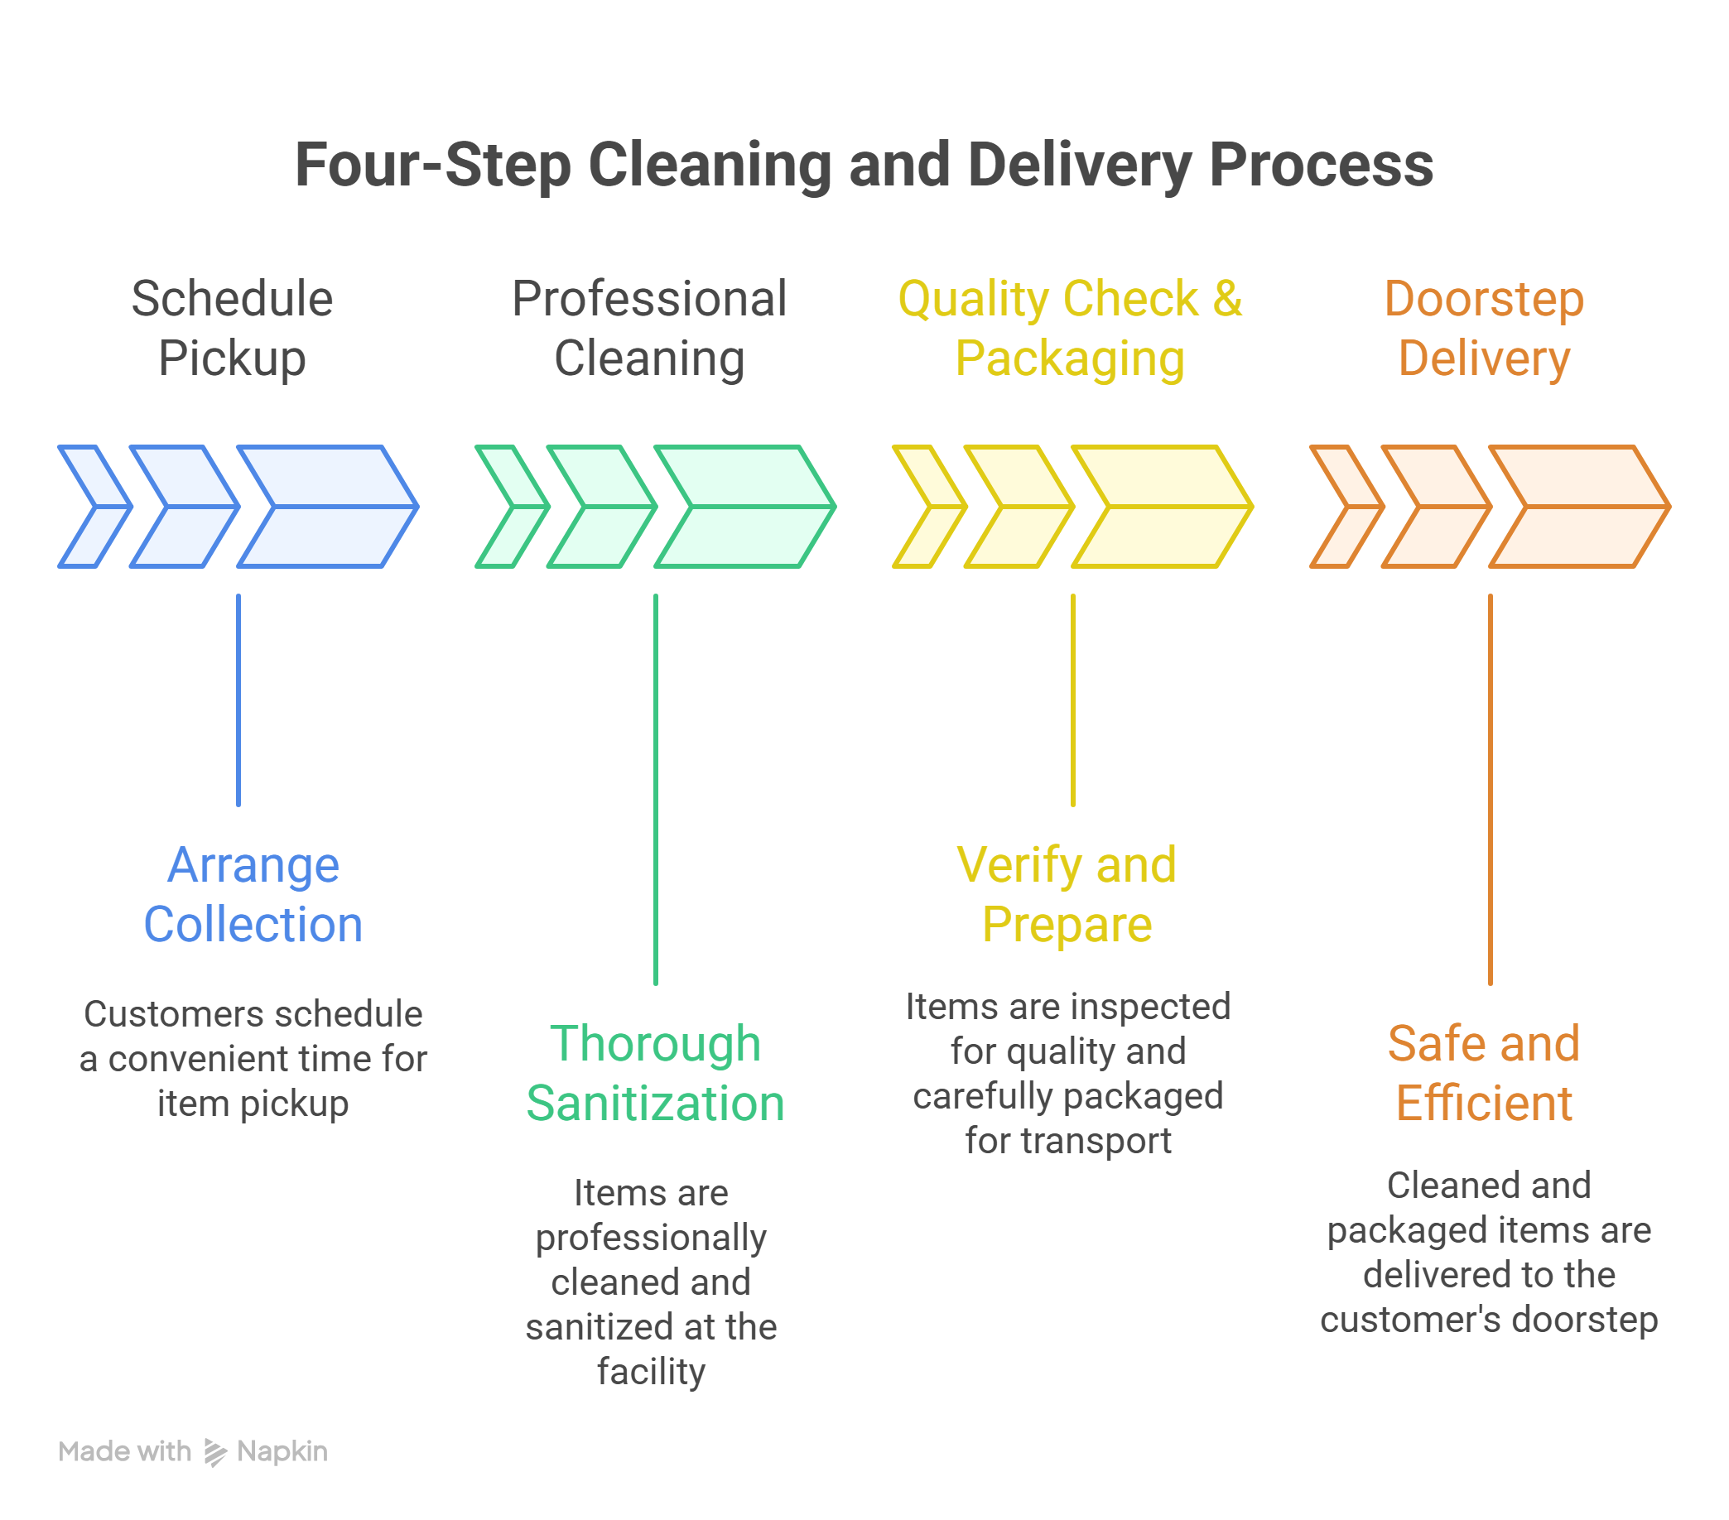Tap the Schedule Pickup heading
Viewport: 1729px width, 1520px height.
click(x=232, y=328)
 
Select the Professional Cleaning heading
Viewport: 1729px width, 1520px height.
click(x=649, y=328)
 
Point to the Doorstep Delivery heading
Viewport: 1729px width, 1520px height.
click(x=1484, y=328)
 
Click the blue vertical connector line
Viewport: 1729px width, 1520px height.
click(x=238, y=700)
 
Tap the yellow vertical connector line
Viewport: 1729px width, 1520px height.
click(x=1072, y=700)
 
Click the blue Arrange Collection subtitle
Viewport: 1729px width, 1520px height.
click(x=253, y=894)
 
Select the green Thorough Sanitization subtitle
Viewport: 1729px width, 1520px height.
click(x=656, y=1073)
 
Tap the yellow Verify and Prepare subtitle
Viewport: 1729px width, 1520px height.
click(x=1067, y=894)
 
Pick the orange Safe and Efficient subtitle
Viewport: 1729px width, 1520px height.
click(x=1484, y=1073)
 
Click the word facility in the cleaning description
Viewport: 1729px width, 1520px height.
click(x=651, y=1371)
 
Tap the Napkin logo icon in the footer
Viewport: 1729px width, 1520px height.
click(x=214, y=1452)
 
